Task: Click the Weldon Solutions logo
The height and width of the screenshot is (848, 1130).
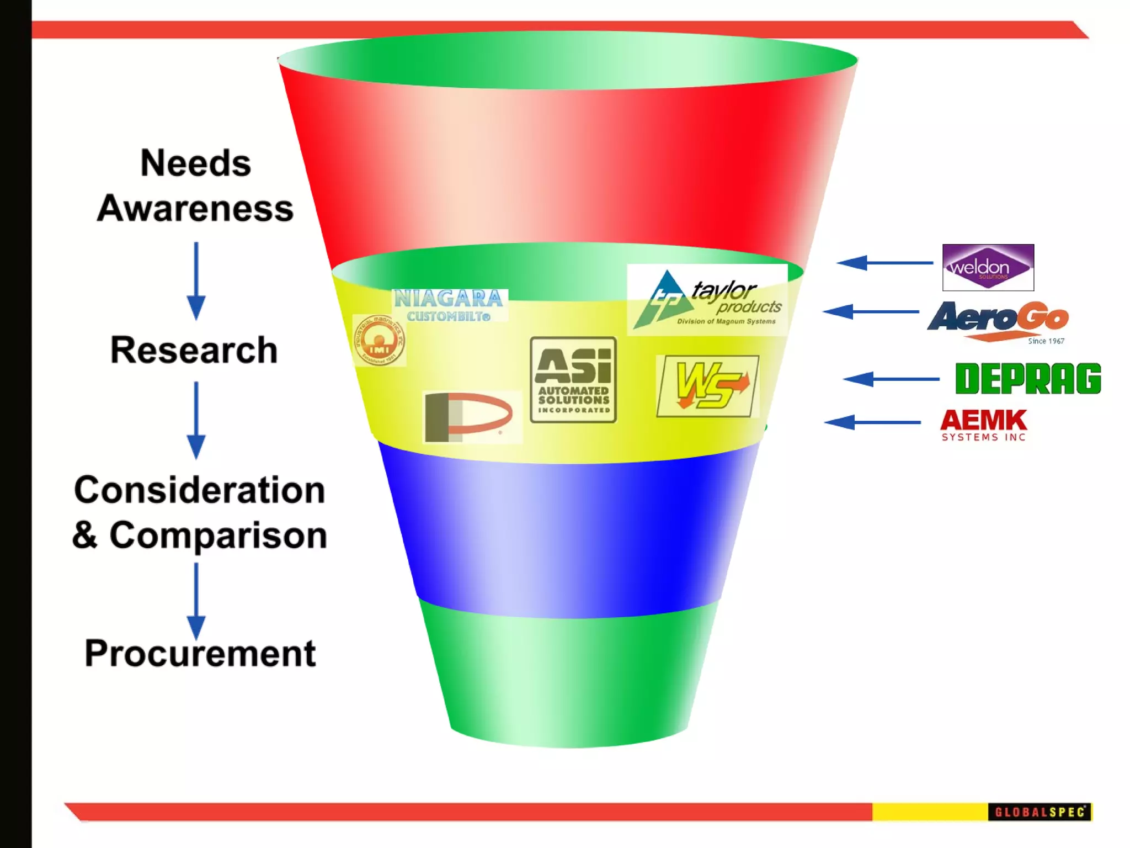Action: tap(988, 268)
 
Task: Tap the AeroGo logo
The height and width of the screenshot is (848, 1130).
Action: tap(998, 321)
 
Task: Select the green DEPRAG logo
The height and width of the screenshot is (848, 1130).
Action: tap(1027, 379)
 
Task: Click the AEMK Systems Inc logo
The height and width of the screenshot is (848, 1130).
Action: tap(983, 425)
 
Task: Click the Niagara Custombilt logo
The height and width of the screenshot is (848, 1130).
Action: tap(449, 305)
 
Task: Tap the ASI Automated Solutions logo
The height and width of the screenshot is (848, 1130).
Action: tap(573, 380)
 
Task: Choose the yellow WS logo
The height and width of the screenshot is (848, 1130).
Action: tap(707, 386)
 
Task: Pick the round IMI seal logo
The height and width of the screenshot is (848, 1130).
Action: tap(379, 341)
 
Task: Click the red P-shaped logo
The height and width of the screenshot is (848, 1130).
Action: tap(471, 416)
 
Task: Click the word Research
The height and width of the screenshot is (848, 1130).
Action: tap(194, 350)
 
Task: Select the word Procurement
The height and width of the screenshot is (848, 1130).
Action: tap(200, 653)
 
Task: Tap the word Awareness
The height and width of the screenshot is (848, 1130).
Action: tap(195, 209)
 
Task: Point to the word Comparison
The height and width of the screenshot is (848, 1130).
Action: tap(218, 536)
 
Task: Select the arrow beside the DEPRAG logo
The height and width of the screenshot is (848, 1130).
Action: tap(891, 379)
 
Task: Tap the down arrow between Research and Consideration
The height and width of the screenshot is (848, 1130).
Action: tap(196, 420)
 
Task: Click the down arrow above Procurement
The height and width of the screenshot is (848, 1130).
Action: tap(196, 601)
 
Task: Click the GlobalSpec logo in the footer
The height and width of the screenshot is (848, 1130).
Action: tap(1039, 812)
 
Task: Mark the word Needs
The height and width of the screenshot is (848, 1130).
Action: tap(196, 163)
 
